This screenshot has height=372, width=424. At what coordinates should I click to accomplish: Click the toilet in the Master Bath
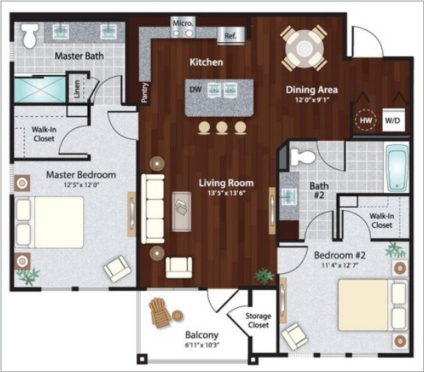click(29, 35)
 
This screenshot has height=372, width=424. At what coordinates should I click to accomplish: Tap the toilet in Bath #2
click(303, 157)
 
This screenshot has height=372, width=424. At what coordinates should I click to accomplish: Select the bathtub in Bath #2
click(397, 168)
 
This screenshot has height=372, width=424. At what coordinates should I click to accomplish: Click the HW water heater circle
click(366, 120)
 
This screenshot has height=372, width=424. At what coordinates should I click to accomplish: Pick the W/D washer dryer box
click(393, 120)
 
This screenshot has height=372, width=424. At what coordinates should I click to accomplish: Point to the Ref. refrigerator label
click(230, 35)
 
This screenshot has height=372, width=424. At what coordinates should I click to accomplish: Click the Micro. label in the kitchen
click(183, 23)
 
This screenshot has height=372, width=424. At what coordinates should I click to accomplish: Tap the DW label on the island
click(196, 89)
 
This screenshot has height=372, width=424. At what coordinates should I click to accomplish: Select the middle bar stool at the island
click(222, 127)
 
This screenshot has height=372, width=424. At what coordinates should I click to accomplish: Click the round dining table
click(304, 48)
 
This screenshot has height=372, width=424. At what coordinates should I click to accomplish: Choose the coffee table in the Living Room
click(181, 212)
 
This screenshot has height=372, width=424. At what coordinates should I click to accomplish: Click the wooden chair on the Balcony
click(160, 313)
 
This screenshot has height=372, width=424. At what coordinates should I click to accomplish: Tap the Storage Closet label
click(258, 320)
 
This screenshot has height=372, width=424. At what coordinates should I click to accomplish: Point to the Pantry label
click(145, 93)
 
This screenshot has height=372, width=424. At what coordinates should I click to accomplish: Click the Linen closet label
click(77, 89)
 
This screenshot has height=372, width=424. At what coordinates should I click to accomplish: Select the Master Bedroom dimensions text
click(81, 185)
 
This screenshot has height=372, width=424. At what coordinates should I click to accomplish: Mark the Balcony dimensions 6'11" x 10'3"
click(202, 345)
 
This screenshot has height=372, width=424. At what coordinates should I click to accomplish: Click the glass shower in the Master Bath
click(40, 90)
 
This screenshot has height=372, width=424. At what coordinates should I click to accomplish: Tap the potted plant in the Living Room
click(264, 276)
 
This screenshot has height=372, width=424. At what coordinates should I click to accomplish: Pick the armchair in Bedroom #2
click(294, 337)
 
